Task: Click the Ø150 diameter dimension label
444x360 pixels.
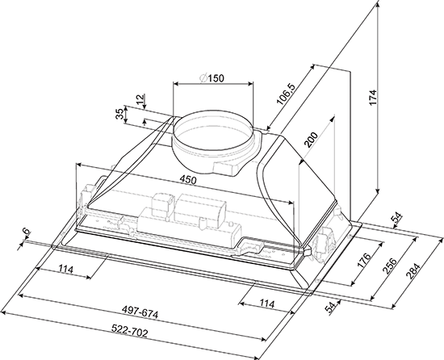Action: tap(212, 77)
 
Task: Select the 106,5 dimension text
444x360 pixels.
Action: tap(286, 94)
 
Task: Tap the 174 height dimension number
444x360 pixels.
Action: tap(373, 98)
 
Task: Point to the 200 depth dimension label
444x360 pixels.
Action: tap(311, 140)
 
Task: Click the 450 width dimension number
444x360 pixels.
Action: tap(187, 179)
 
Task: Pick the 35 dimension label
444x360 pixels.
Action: tap(120, 114)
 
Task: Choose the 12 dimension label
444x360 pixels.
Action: tap(140, 99)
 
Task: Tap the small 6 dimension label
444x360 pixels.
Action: tap(26, 231)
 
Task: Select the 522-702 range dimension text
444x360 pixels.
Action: tap(129, 331)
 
